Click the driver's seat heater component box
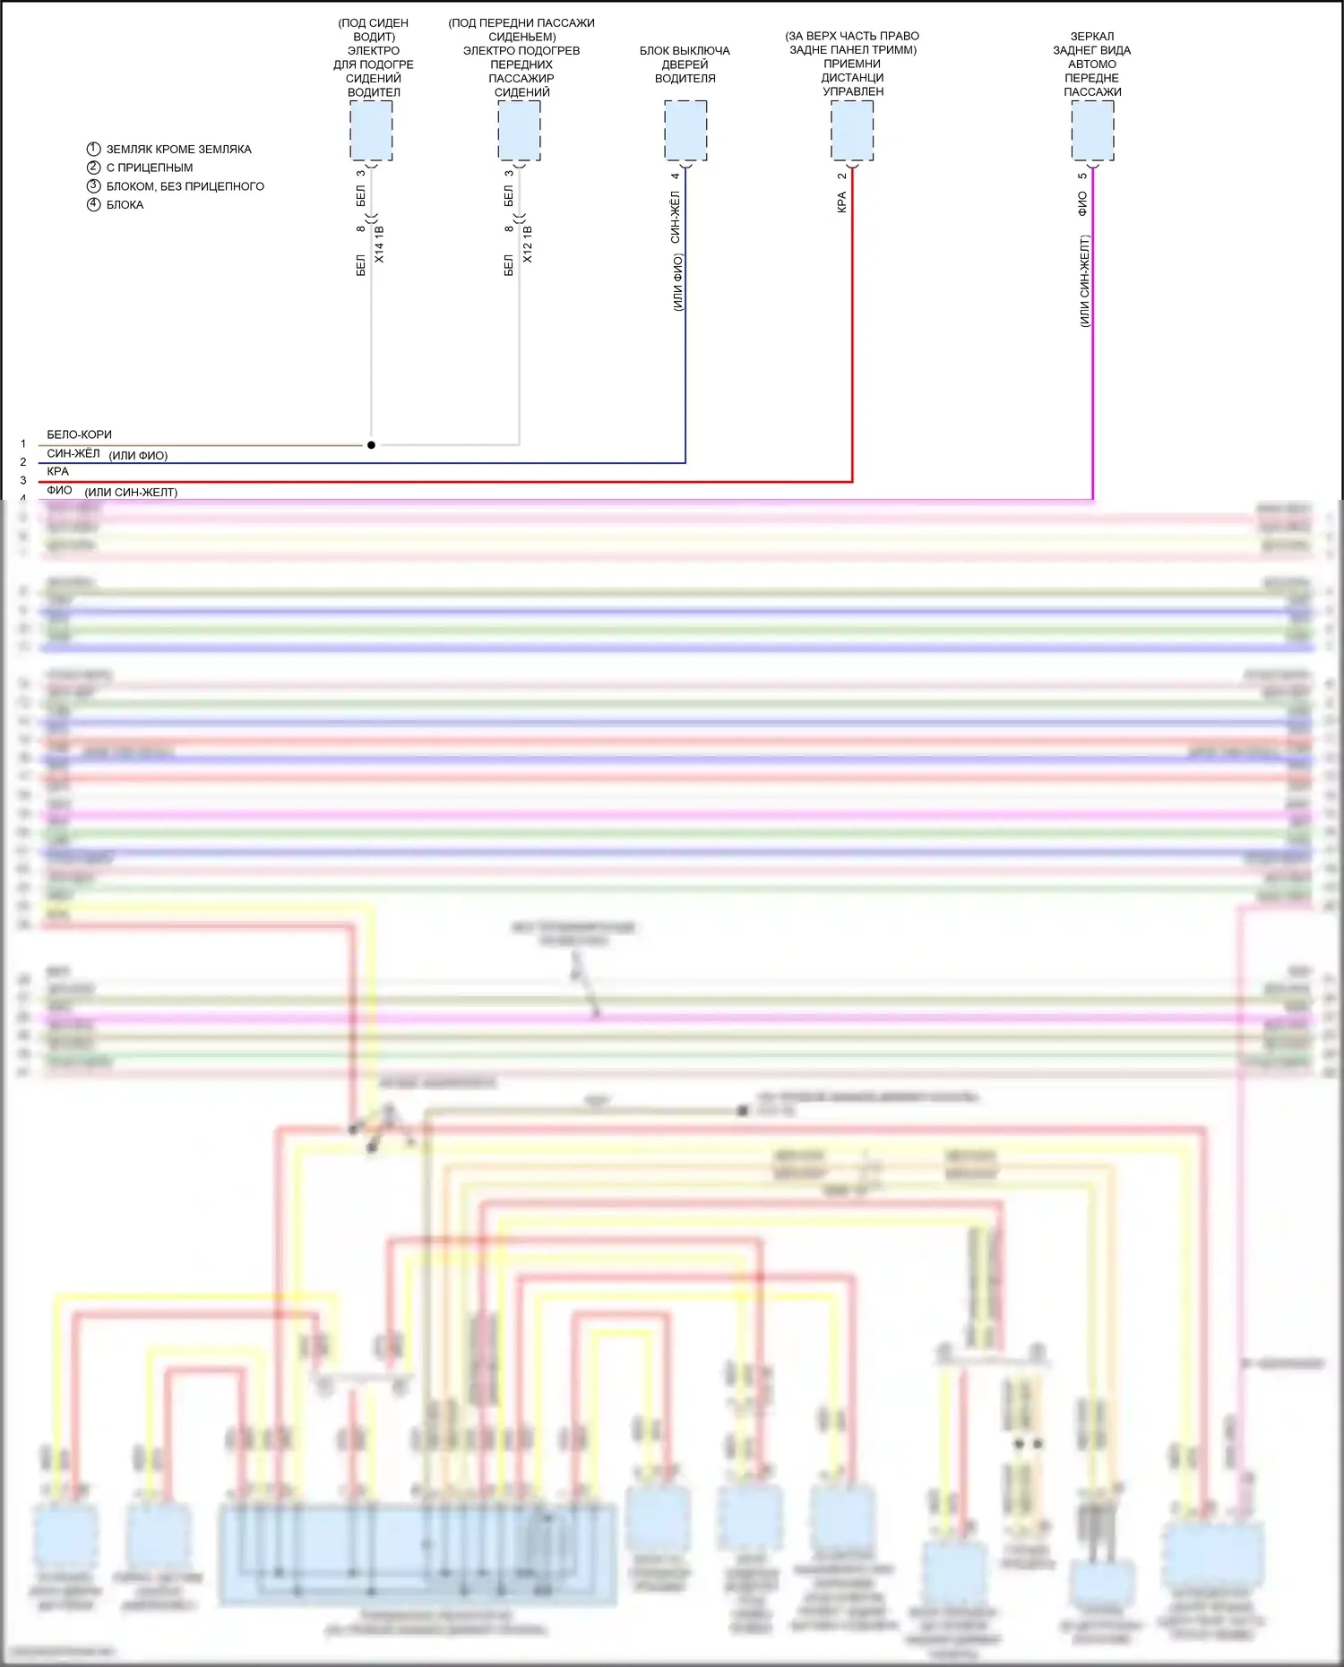371,131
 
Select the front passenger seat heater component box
519,131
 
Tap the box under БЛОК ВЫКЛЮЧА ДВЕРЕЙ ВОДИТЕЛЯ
685,131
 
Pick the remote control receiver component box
852,131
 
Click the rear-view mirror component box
1093,131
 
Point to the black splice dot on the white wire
371,444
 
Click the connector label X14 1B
379,245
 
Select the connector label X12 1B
528,245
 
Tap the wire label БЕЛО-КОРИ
79,434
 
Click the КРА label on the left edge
57,471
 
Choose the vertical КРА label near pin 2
841,203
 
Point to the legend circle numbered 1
93,149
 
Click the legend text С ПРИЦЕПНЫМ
150,168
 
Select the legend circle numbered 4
93,204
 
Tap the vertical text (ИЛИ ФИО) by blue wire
677,282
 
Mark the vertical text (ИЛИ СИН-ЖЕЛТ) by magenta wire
1084,281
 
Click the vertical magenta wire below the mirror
1093,358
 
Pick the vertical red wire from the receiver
852,358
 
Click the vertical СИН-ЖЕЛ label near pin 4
675,218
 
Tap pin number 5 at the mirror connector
1082,176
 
